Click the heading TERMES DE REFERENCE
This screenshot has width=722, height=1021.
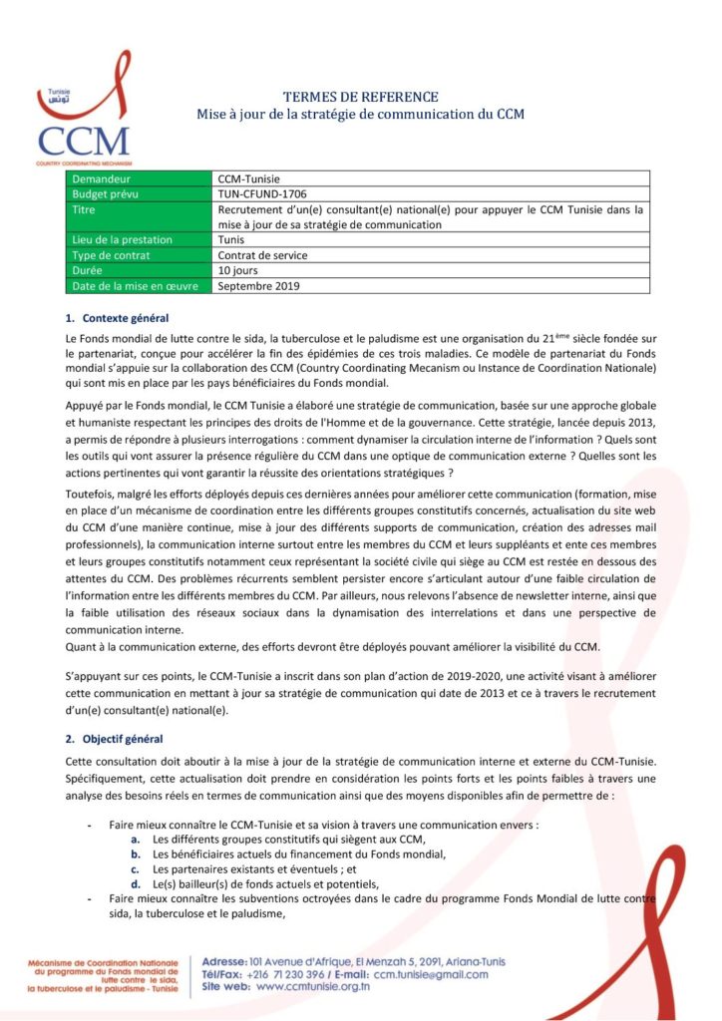point(360,97)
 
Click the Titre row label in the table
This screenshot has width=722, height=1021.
point(85,209)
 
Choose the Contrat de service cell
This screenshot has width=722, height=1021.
point(263,255)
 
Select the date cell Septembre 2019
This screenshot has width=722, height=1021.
point(258,286)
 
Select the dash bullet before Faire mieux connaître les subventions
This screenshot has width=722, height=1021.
point(90,899)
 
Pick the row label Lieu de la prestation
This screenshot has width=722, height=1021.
point(123,239)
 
